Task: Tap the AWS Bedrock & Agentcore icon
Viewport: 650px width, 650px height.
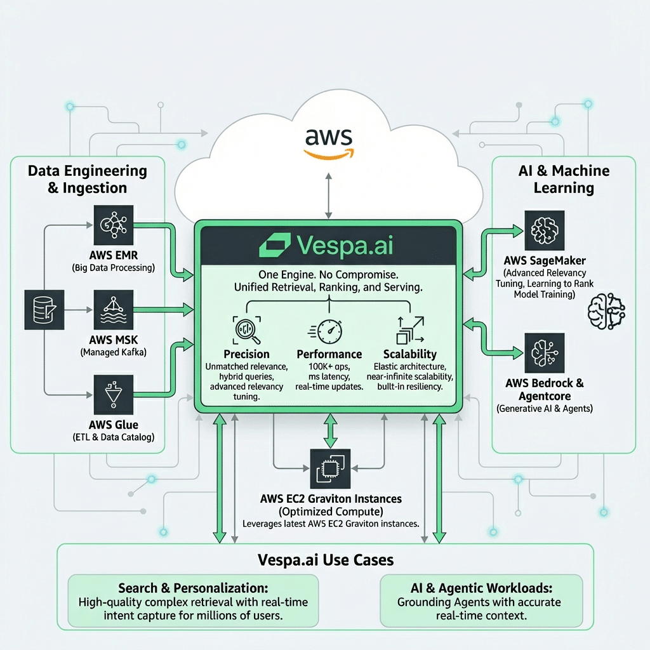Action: (x=544, y=352)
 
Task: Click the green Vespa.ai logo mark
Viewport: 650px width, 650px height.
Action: (x=277, y=244)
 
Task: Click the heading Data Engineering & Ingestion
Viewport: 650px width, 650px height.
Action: (x=87, y=179)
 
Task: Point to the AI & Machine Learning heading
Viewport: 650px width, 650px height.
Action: (x=564, y=179)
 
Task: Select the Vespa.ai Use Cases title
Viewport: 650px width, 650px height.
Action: (x=326, y=560)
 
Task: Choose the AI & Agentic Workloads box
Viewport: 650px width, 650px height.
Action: (x=481, y=600)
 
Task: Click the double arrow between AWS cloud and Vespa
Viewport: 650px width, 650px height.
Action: (x=328, y=196)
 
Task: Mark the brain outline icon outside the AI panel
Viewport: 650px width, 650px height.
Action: (x=607, y=310)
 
